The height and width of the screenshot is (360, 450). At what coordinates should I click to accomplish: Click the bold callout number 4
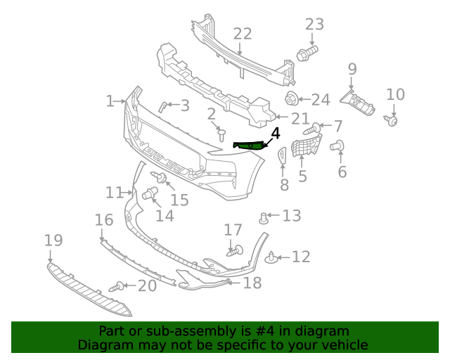(275, 132)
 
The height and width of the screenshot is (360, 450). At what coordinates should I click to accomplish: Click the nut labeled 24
(292, 99)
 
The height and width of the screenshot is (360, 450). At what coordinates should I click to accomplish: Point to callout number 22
(243, 34)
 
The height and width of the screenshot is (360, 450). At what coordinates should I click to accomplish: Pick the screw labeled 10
(393, 120)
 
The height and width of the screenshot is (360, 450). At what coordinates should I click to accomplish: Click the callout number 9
(352, 70)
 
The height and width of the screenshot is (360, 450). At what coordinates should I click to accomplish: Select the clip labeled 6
(337, 146)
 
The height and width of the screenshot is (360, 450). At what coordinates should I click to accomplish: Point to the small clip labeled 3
(163, 106)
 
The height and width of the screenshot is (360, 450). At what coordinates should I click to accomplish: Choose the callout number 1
(110, 101)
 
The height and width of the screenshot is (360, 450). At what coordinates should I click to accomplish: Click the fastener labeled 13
(264, 217)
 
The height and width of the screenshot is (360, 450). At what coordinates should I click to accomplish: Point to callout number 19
(53, 240)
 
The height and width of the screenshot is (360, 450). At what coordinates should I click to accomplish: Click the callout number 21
(300, 118)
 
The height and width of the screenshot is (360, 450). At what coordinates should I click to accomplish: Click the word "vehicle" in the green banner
(345, 345)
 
